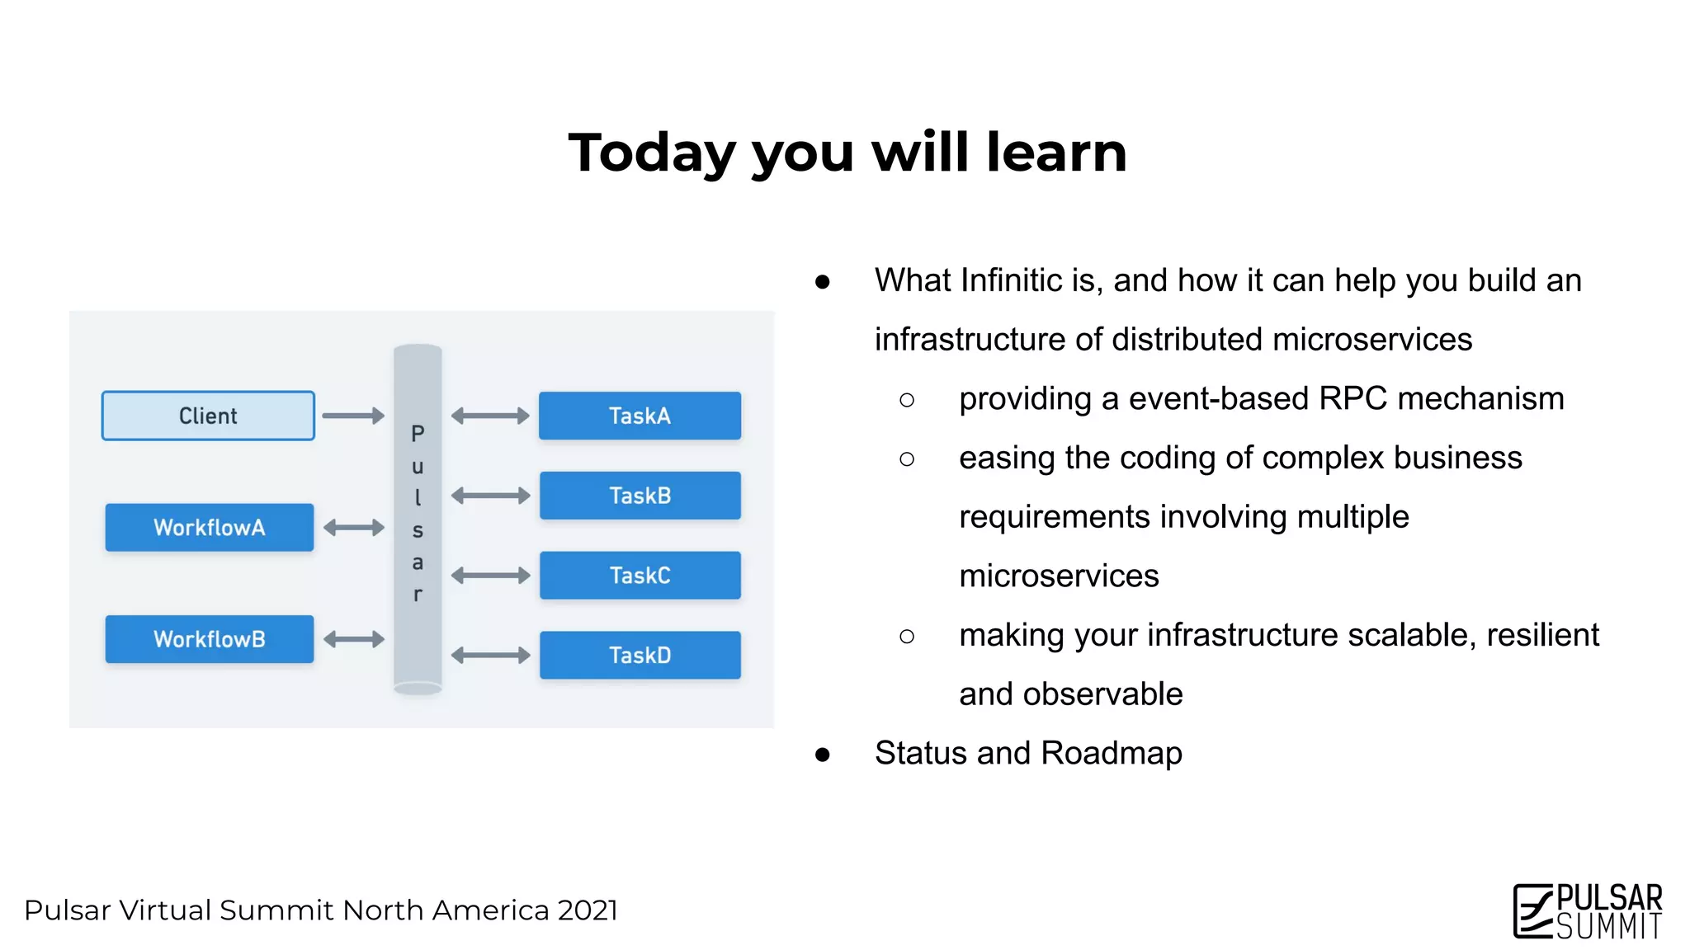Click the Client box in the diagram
tap(208, 416)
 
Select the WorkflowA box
tap(210, 527)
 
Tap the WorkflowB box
tap(210, 639)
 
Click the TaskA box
tap(640, 416)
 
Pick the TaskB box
tap(640, 496)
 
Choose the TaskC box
tap(640, 576)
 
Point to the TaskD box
tap(640, 656)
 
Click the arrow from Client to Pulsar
tap(353, 416)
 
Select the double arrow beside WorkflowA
tap(354, 527)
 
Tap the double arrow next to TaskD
tap(490, 656)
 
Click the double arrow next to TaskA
tap(490, 416)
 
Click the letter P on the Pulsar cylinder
tap(418, 434)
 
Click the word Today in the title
tap(651, 153)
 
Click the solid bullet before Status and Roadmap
tap(822, 755)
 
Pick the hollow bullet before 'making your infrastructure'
tap(907, 636)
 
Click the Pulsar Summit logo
tap(1587, 911)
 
